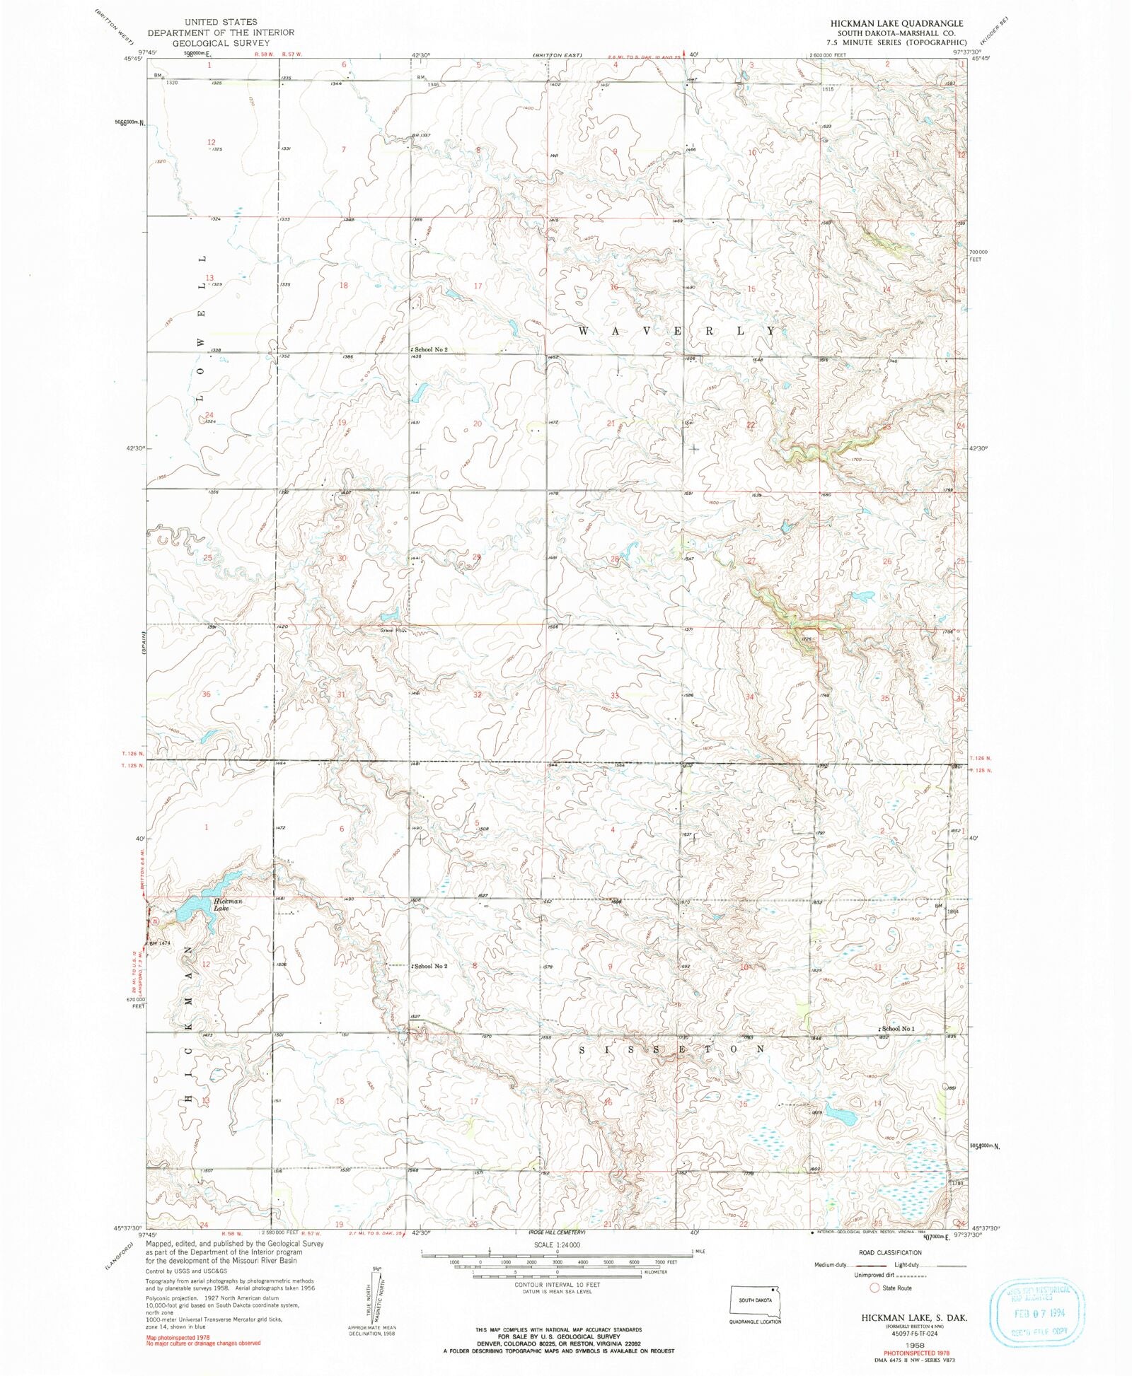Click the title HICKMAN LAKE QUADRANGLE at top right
tap(896, 23)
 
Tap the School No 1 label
tap(899, 1029)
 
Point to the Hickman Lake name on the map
tap(228, 904)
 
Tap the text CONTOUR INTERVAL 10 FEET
tap(557, 1284)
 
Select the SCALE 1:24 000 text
tap(557, 1245)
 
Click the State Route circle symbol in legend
tap(874, 1288)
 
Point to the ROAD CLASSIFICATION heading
tap(889, 1252)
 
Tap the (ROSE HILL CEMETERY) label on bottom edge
tap(557, 1232)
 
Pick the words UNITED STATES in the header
tap(221, 22)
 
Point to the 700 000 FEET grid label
tap(978, 255)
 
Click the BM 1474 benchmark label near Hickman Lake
tap(160, 943)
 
